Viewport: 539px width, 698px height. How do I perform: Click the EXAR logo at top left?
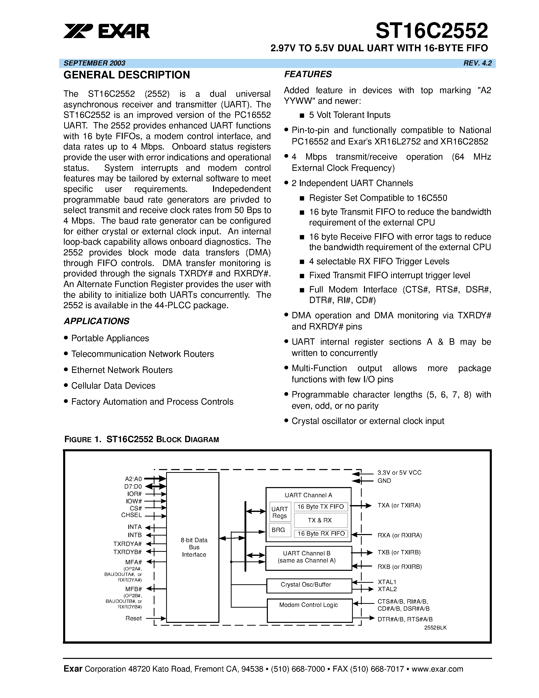[x=106, y=31]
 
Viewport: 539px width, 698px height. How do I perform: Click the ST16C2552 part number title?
[x=431, y=31]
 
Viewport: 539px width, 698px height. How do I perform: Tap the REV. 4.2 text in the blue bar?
[x=477, y=63]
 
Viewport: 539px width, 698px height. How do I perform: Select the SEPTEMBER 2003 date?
[x=95, y=63]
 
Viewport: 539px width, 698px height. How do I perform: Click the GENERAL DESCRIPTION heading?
[x=127, y=75]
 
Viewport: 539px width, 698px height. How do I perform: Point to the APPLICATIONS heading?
[x=96, y=321]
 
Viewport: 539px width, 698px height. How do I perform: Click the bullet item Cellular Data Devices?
[x=113, y=386]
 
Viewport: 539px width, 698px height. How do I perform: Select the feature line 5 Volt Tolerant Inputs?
[x=349, y=115]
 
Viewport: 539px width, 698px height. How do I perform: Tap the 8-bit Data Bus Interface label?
[x=194, y=547]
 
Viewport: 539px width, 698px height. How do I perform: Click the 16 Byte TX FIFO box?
[x=321, y=507]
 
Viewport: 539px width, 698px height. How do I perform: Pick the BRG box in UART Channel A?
[x=279, y=530]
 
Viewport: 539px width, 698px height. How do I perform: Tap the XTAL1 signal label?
[x=387, y=582]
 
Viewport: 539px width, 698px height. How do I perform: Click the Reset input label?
[x=133, y=618]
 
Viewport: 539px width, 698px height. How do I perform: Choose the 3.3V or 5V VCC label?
[x=399, y=473]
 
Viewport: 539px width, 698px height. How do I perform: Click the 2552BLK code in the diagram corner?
[x=435, y=628]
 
